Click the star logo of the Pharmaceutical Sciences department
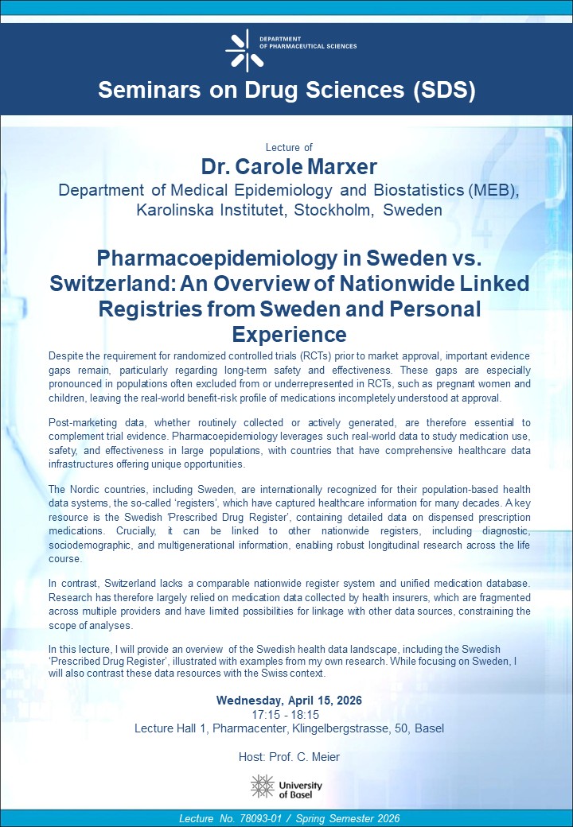244,50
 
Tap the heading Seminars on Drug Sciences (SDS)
286,90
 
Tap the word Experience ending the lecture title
289,332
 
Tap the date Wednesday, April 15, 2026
289,701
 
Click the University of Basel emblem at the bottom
263,786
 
